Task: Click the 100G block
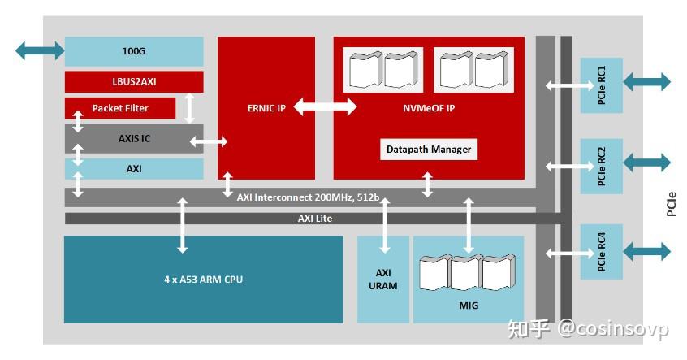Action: (x=134, y=51)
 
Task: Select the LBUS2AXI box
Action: (x=134, y=82)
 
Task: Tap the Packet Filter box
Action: (x=119, y=108)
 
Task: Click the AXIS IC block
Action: (x=134, y=138)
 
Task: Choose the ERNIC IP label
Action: (x=266, y=106)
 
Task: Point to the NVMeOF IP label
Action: (x=428, y=106)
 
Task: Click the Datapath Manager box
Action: (x=428, y=150)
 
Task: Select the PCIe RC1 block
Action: (x=601, y=85)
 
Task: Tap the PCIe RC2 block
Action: (x=601, y=166)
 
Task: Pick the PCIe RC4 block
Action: (x=601, y=252)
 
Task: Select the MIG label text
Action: (x=468, y=306)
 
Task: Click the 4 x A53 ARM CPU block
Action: (x=203, y=280)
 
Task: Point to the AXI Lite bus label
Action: (x=314, y=219)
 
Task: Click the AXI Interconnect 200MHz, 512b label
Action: (x=309, y=197)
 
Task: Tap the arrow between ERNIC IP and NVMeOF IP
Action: (x=325, y=106)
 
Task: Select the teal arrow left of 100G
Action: (x=39, y=51)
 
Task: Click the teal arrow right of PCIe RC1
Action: (x=646, y=82)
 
